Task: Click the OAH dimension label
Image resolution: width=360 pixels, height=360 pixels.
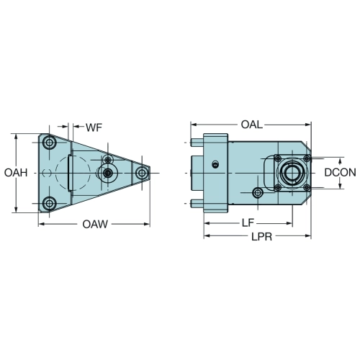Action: [x=16, y=173]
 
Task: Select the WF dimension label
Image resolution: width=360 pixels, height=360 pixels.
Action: [x=94, y=127]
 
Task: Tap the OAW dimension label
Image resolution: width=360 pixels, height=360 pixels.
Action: [x=95, y=224]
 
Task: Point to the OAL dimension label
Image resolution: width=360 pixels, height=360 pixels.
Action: [x=252, y=125]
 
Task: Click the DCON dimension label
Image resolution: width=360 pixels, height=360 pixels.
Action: [x=341, y=173]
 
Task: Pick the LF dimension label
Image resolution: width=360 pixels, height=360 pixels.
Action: [x=248, y=223]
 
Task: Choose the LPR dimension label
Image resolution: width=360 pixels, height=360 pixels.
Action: [x=262, y=237]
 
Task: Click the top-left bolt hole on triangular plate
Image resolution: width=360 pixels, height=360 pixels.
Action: [x=50, y=143]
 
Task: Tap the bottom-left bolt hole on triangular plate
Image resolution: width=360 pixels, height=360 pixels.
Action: [x=50, y=204]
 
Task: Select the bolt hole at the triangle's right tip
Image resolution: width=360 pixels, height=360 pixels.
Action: [x=142, y=173]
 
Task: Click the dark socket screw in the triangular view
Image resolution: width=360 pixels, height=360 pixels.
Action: [x=108, y=173]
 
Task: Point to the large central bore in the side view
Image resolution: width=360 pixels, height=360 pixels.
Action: [x=292, y=173]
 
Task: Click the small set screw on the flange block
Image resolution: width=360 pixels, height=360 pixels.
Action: [x=215, y=164]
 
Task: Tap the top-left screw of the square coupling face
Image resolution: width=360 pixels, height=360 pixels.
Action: [x=278, y=158]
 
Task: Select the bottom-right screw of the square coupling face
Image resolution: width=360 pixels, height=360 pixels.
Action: [x=307, y=187]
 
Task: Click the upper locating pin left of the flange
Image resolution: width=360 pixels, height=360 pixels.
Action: [x=197, y=143]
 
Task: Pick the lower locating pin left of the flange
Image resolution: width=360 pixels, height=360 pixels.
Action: [x=197, y=204]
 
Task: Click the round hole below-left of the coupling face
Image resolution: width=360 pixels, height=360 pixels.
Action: [x=258, y=192]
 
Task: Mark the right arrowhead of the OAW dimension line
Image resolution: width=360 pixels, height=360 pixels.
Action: [x=146, y=224]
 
